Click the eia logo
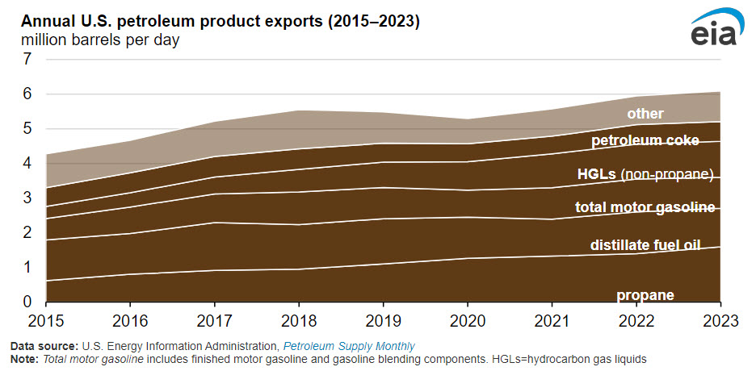tap(714, 30)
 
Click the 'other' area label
tap(645, 114)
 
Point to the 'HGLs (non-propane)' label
tap(645, 174)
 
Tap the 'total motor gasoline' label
tap(645, 207)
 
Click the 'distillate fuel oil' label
tap(645, 245)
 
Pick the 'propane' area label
tap(645, 295)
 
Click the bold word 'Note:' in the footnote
tap(23, 357)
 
